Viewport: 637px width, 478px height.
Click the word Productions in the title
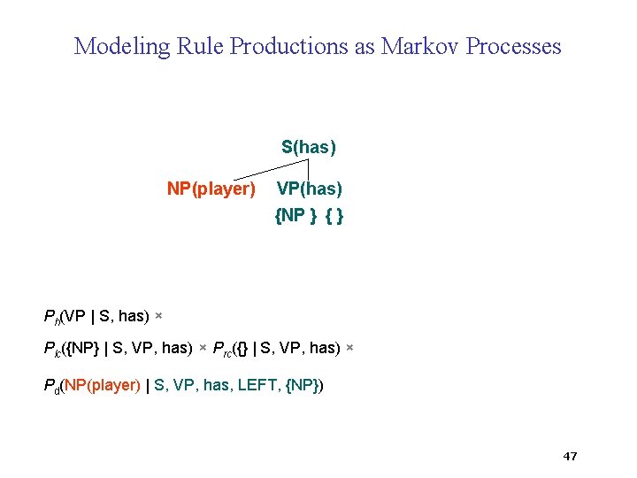289,46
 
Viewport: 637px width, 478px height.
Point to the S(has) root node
309,147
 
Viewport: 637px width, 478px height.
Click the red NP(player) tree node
211,189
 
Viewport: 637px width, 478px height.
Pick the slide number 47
570,456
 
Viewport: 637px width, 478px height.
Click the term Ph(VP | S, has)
96,316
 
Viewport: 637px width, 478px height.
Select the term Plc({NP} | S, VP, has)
118,349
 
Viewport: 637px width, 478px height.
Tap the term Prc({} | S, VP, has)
276,349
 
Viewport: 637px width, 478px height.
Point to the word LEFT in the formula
257,385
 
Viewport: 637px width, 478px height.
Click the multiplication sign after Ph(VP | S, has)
158,316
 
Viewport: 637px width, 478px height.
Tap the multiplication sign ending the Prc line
349,349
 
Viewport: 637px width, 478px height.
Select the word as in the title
365,46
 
